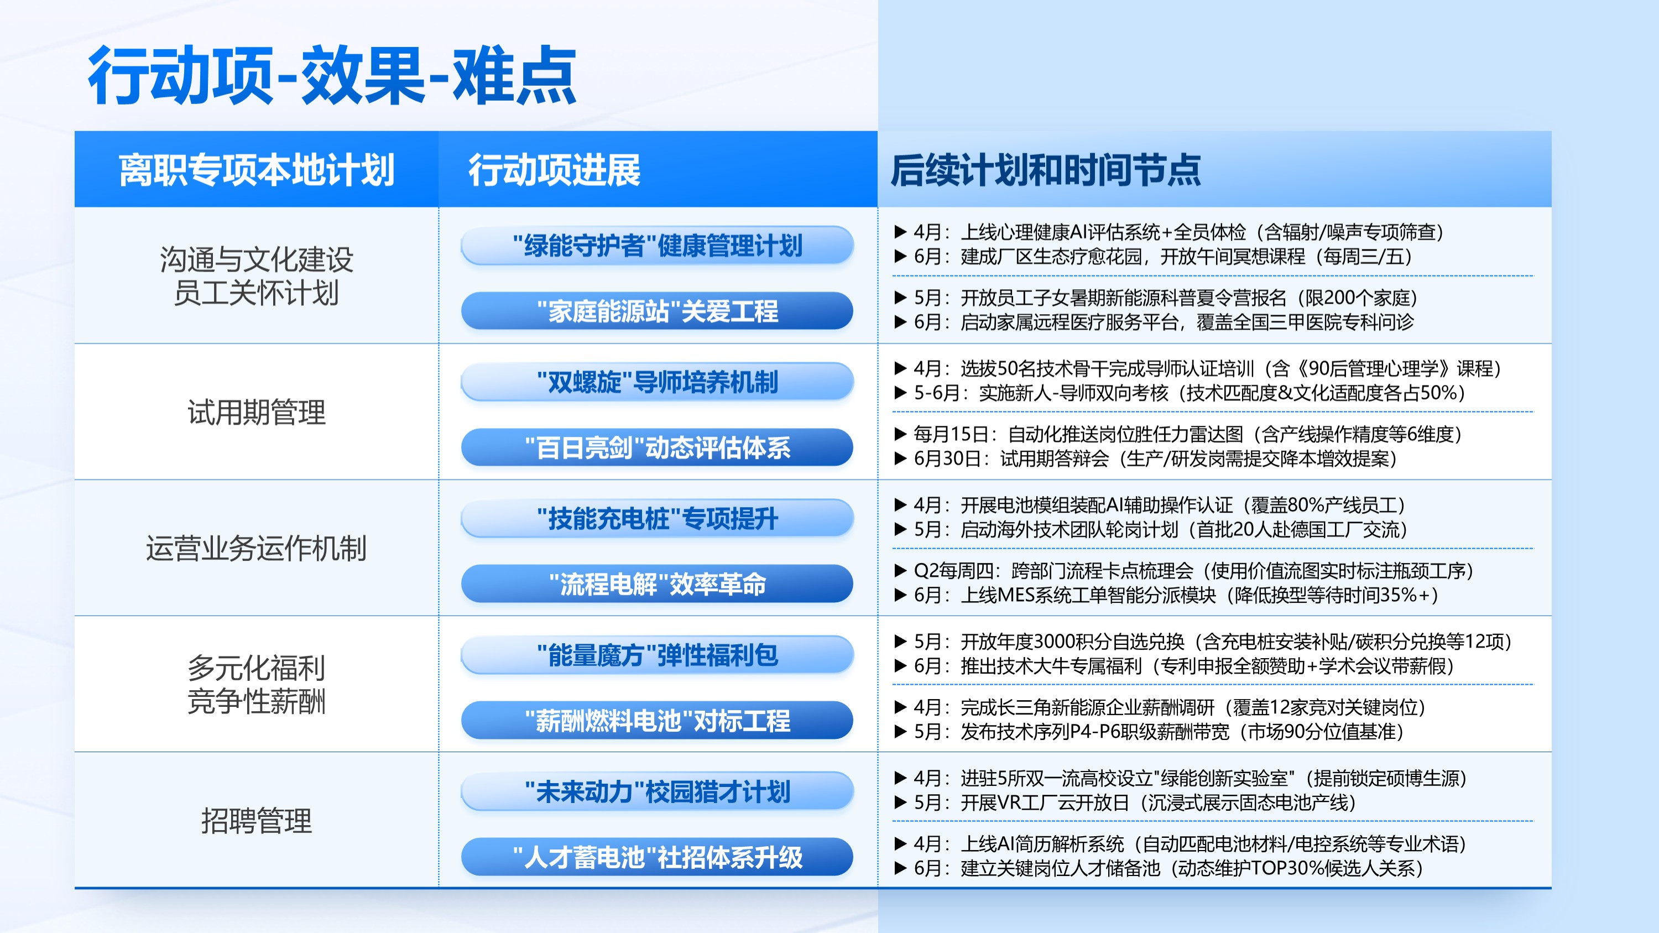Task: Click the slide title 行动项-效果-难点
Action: [332, 75]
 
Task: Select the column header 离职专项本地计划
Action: [257, 170]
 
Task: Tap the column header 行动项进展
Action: [555, 170]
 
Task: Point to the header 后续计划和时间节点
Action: [1046, 170]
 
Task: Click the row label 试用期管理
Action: [257, 412]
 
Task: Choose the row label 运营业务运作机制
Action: [257, 549]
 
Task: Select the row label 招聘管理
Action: [257, 821]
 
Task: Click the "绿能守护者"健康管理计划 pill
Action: [658, 246]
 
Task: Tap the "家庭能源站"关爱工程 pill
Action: [658, 311]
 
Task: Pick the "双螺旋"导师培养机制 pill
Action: [658, 382]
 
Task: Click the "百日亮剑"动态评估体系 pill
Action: [658, 447]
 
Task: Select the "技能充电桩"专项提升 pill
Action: [658, 518]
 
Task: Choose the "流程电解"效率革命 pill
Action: [658, 584]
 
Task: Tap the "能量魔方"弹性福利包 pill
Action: [658, 655]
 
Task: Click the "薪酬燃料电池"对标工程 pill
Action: [658, 721]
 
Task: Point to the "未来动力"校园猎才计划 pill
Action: [658, 791]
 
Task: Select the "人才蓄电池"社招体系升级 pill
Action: [658, 857]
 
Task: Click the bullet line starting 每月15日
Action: [1178, 434]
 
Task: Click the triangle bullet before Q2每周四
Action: [900, 571]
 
